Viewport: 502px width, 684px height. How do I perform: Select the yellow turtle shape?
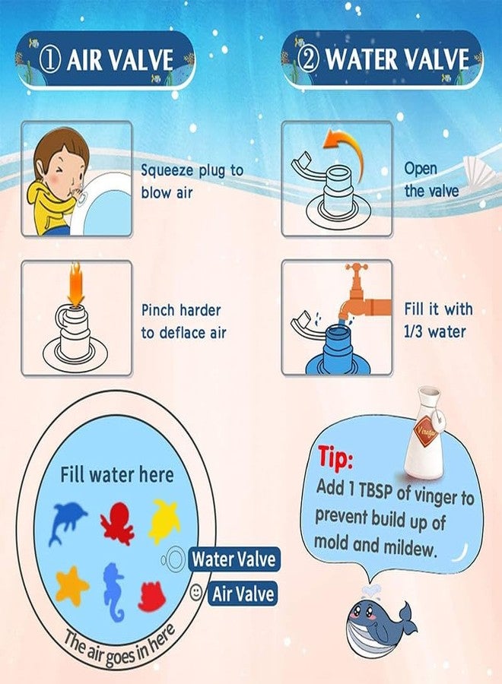pyautogui.click(x=164, y=520)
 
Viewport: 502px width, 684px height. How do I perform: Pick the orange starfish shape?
pyautogui.click(x=71, y=585)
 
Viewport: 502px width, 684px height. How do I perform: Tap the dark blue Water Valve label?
pyautogui.click(x=234, y=559)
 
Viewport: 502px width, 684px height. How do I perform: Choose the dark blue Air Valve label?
pyautogui.click(x=243, y=593)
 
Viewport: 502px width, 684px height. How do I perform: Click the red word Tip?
pyautogui.click(x=335, y=459)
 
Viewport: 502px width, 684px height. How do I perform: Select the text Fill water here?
pyautogui.click(x=117, y=475)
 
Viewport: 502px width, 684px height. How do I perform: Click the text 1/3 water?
pyautogui.click(x=435, y=331)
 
